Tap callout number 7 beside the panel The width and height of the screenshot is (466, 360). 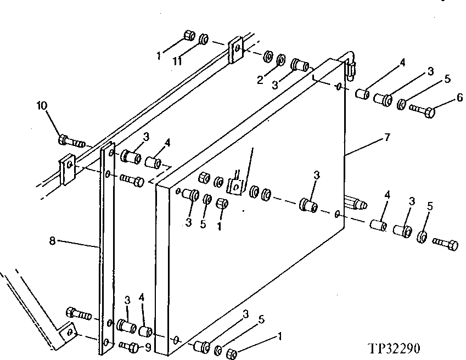pyautogui.click(x=388, y=137)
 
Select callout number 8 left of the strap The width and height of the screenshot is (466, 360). pyautogui.click(x=52, y=240)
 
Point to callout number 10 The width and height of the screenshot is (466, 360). pyautogui.click(x=42, y=105)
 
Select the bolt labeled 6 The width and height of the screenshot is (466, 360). pyautogui.click(x=423, y=111)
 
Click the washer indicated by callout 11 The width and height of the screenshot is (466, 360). pyautogui.click(x=203, y=39)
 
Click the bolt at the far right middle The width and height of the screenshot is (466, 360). pyautogui.click(x=445, y=244)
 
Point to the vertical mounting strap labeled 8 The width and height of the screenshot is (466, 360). pyautogui.click(x=106, y=247)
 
